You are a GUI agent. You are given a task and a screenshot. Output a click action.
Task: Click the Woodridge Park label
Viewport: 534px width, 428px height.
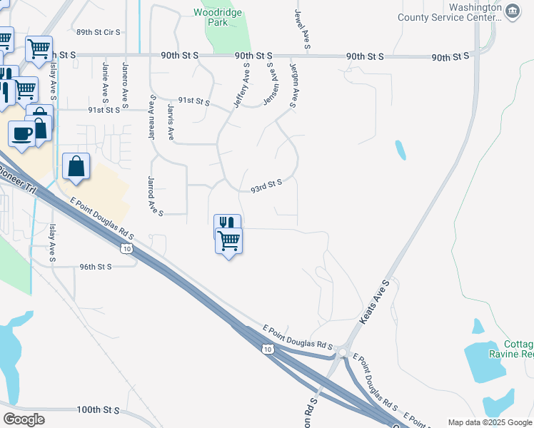(218, 17)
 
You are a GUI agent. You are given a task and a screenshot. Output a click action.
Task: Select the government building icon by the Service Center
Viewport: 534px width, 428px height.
(513, 12)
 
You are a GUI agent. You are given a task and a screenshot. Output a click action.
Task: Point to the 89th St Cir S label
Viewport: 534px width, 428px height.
(99, 33)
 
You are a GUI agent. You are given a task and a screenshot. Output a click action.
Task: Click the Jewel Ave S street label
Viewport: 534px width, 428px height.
(300, 29)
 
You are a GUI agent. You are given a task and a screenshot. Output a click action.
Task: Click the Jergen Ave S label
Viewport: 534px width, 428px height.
(293, 84)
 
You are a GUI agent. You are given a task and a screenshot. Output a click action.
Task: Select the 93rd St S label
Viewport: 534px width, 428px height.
(266, 185)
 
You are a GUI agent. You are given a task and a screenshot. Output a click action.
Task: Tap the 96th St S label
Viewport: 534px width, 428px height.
(96, 266)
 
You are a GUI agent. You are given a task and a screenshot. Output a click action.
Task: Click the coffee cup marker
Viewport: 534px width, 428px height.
(21, 134)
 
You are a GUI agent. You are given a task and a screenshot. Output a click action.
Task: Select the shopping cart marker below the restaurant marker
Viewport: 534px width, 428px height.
(228, 241)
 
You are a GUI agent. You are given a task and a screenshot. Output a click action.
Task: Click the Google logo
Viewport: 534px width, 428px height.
(24, 419)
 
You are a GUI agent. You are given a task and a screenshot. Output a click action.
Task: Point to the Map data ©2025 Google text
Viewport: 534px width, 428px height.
(490, 422)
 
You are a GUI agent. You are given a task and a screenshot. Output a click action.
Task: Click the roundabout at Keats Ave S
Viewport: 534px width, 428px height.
(343, 352)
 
